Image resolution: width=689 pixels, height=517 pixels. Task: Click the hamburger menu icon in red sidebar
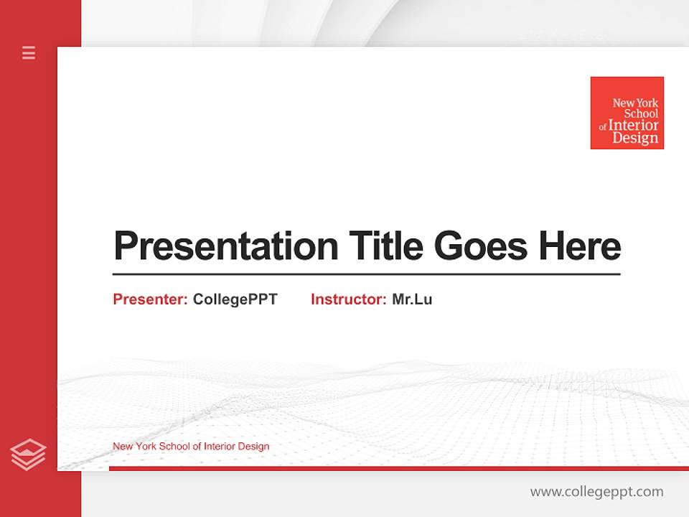(29, 52)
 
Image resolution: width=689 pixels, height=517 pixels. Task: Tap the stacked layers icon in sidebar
(28, 455)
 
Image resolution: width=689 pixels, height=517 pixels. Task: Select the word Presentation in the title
(225, 246)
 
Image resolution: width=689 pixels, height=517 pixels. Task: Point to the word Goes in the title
(482, 246)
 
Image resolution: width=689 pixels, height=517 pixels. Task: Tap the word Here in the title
(579, 246)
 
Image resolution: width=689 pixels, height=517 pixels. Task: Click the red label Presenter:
(150, 299)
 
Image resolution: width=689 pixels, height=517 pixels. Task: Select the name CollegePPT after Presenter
(235, 299)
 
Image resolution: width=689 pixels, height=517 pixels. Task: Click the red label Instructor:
(348, 299)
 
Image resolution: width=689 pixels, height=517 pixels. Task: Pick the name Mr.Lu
(412, 299)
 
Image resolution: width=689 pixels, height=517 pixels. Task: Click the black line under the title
(366, 274)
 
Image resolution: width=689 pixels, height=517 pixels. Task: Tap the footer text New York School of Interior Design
(191, 446)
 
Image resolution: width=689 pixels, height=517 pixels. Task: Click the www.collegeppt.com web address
(596, 492)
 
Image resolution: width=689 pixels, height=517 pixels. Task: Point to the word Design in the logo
(635, 139)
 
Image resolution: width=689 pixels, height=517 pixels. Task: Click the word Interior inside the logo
(633, 126)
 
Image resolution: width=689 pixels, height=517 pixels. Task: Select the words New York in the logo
(635, 103)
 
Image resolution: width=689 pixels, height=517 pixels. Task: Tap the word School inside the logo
(640, 113)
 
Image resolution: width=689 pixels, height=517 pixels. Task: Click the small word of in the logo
(603, 127)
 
